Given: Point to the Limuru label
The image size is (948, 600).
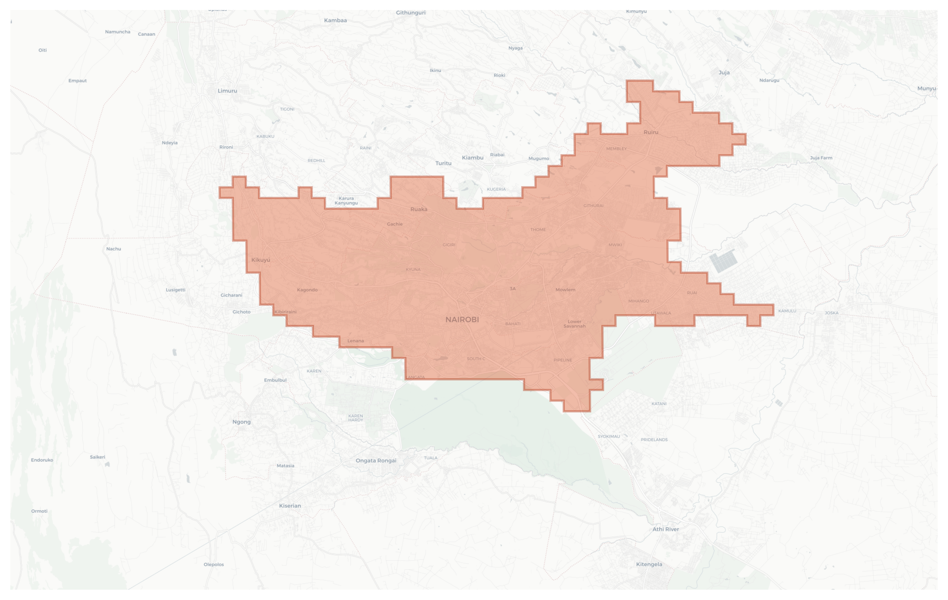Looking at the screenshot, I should [227, 91].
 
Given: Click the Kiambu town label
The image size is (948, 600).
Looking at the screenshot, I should [472, 158].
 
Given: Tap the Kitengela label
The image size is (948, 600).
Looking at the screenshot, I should [649, 564].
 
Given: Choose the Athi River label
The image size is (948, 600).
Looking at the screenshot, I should [665, 529].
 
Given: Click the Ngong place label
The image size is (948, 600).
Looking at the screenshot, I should [241, 421].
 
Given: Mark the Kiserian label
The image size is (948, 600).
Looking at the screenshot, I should [290, 506].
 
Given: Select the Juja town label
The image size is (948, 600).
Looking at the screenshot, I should [724, 72].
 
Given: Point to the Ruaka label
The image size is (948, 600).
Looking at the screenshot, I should [418, 209].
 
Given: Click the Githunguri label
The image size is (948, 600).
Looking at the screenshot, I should [410, 13].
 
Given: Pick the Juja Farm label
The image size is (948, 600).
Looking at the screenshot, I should [821, 158].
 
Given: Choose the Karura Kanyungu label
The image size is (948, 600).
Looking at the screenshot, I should [346, 200].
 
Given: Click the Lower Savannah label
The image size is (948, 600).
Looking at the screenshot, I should [574, 324].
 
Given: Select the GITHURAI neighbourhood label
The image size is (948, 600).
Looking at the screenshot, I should [593, 205].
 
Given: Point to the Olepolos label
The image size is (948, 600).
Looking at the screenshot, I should [213, 564].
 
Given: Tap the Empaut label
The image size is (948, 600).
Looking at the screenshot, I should [77, 81].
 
